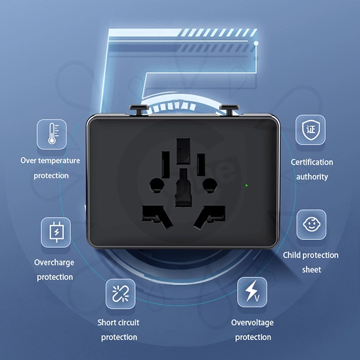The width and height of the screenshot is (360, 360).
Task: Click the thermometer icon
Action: [x=52, y=134]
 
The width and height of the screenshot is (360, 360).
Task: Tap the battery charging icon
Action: [x=56, y=232]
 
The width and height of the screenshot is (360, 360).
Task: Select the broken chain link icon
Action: [x=120, y=294]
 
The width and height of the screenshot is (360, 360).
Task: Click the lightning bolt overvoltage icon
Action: [x=252, y=292]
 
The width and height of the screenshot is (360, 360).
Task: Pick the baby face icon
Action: [x=311, y=224]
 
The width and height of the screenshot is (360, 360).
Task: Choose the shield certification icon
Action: [x=310, y=130]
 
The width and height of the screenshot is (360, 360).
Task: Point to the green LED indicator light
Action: [x=247, y=185]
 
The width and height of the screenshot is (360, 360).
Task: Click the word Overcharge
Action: [x=54, y=263]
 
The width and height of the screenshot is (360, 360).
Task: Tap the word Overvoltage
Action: [x=253, y=323]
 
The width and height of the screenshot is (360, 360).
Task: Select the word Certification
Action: [x=312, y=162]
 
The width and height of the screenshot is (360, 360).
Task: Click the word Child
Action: [x=293, y=255]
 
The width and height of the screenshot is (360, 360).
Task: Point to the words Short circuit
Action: [x=118, y=323]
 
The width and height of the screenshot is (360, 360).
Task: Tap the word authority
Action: [x=312, y=176]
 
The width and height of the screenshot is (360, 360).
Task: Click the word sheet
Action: [x=311, y=270]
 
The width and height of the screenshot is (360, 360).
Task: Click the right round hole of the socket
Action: [x=209, y=184]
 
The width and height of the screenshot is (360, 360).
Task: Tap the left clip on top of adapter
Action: [x=138, y=109]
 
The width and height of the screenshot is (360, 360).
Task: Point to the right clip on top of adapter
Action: [x=228, y=109]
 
